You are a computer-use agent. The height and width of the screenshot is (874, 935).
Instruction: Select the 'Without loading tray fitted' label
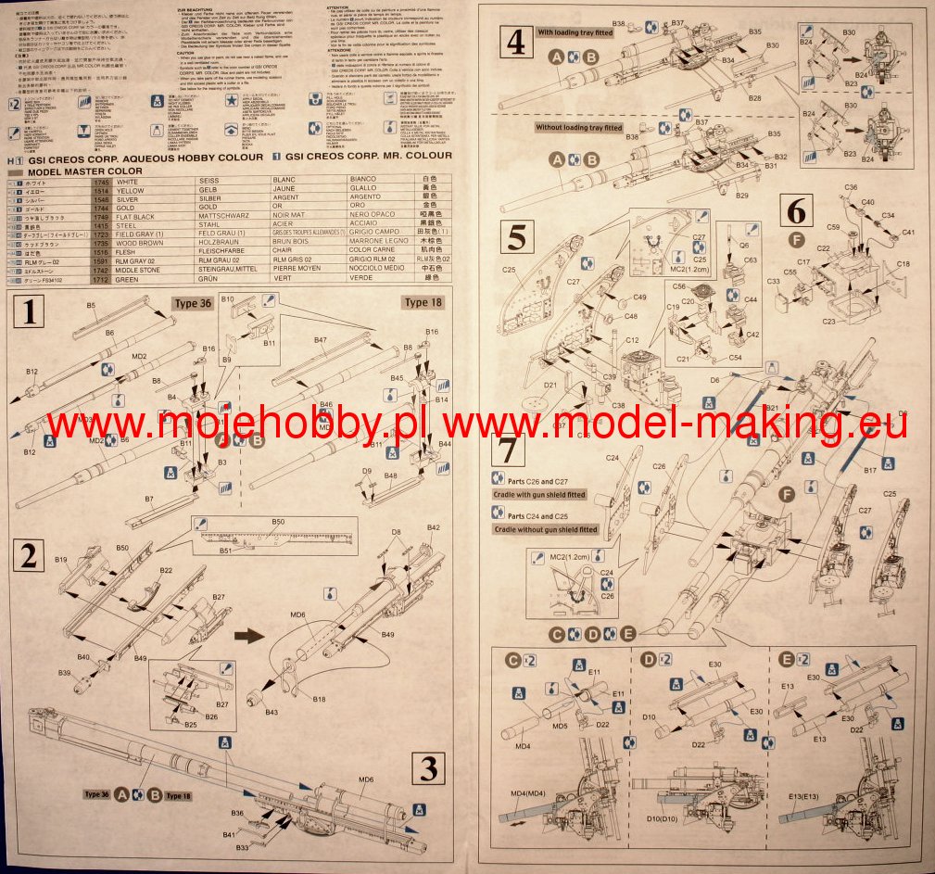(x=579, y=127)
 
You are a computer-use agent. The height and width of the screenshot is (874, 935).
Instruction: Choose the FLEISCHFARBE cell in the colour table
(x=227, y=249)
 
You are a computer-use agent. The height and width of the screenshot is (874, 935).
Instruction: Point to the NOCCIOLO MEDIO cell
(x=377, y=269)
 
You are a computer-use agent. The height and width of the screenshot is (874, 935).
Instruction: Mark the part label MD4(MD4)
(x=529, y=793)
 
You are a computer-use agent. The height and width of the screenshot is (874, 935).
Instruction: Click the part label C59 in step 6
(x=833, y=227)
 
